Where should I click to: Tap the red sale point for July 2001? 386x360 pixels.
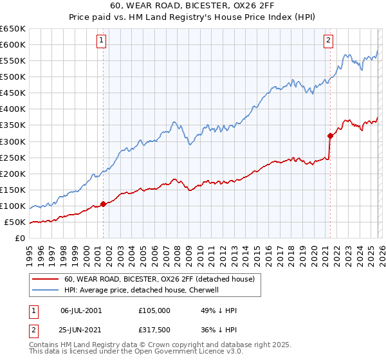[x=103, y=204]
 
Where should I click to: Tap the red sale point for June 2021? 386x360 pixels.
[x=330, y=136]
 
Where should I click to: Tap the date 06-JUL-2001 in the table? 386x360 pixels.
[x=81, y=310]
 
